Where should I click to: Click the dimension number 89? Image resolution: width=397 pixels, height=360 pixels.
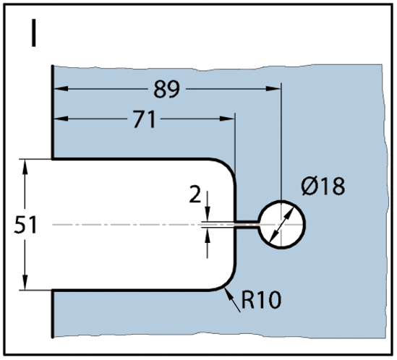point(166,89)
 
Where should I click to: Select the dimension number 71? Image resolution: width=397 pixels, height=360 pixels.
point(145,119)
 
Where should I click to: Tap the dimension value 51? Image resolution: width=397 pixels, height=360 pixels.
point(25,225)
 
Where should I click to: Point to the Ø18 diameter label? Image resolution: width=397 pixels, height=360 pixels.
point(323,186)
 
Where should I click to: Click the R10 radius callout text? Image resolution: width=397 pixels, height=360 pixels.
point(261,300)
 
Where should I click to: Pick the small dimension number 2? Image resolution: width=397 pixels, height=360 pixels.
point(195,194)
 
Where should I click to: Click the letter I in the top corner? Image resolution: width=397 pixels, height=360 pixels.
point(33,33)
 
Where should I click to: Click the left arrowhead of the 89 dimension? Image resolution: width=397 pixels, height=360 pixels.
point(61,89)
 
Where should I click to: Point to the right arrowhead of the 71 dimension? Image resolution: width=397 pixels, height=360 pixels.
point(227,119)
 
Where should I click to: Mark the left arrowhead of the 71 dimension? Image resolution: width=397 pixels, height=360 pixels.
point(61,119)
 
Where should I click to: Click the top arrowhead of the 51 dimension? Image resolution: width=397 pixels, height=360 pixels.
point(25,167)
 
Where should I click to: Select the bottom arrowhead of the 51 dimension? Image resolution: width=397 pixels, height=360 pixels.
point(25,282)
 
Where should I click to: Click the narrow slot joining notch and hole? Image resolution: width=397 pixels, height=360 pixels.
point(247,225)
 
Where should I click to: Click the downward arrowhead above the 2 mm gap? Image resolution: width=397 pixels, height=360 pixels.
point(208,215)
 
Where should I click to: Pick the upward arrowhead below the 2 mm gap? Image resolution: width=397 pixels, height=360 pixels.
point(208,236)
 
